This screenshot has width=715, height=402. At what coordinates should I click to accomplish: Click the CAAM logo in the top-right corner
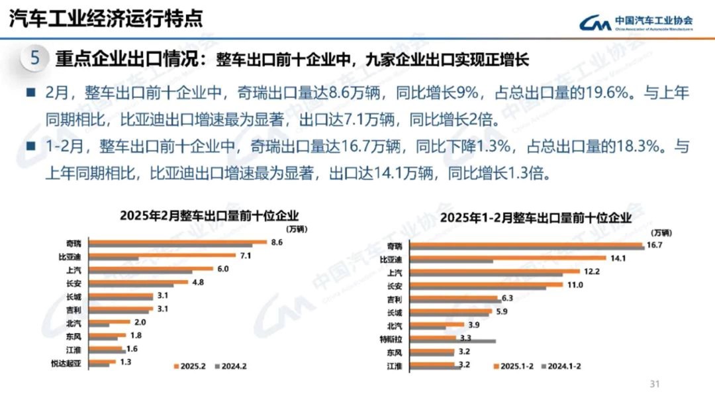(636, 23)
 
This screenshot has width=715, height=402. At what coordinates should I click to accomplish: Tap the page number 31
(656, 383)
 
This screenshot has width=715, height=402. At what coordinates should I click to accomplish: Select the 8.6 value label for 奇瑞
(277, 242)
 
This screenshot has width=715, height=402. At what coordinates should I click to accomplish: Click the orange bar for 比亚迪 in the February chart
(162, 254)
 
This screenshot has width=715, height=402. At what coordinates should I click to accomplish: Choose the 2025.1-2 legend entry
(516, 366)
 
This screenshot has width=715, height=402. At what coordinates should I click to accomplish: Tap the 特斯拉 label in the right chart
(399, 338)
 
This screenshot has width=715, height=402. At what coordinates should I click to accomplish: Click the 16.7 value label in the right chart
(655, 245)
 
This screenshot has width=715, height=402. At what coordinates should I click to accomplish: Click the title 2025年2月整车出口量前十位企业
(209, 215)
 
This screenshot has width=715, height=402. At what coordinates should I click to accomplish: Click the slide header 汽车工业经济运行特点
(106, 19)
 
